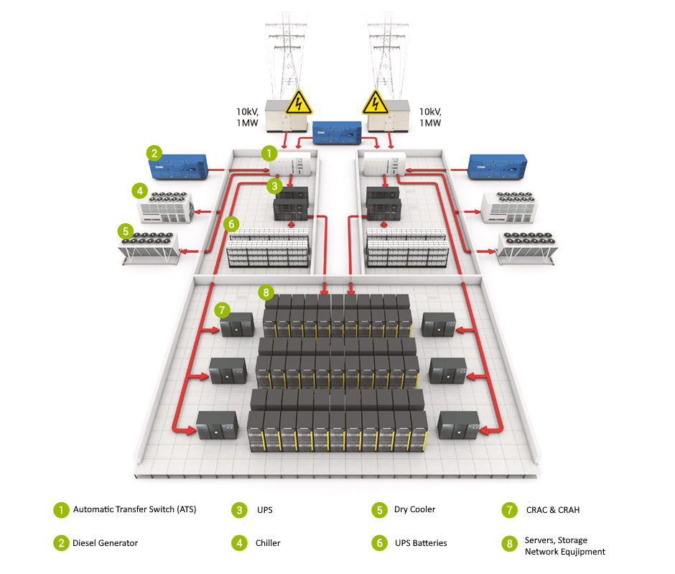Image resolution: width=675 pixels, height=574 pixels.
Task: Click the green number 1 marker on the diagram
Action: [x=268, y=153]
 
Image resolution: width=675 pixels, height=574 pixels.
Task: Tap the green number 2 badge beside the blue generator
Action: [x=154, y=152]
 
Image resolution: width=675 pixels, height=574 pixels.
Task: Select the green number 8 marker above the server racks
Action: [x=266, y=292]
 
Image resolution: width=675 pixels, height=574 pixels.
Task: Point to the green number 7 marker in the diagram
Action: [x=223, y=310]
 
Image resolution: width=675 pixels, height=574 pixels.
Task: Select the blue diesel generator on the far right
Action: [x=498, y=167]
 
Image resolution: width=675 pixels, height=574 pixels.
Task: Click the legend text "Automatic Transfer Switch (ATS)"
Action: [x=134, y=509]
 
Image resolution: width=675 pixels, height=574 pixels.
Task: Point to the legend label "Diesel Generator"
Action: [x=105, y=543]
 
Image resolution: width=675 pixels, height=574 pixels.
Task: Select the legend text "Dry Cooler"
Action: [x=414, y=509]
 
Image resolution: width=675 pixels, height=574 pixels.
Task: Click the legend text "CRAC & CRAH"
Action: [x=552, y=510]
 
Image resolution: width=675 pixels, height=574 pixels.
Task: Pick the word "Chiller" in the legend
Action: [x=268, y=543]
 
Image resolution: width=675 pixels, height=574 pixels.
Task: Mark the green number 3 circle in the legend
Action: [x=239, y=510]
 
